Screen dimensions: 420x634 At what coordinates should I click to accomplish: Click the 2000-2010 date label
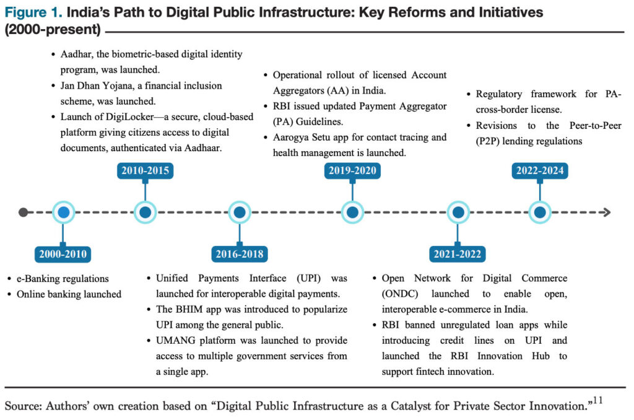tap(63, 254)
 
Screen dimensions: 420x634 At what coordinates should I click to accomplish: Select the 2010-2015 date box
tap(145, 171)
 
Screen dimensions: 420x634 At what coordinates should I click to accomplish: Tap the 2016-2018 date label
tap(240, 254)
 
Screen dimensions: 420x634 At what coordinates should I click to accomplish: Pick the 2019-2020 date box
tap(352, 171)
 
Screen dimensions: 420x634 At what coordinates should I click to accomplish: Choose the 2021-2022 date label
tap(457, 254)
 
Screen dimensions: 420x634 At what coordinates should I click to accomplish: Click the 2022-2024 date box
tap(540, 171)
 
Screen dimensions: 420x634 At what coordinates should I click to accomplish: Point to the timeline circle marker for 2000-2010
tap(63, 212)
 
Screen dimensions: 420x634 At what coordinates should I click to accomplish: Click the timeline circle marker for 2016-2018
tap(240, 212)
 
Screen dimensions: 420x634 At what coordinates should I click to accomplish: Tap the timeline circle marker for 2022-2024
tap(540, 212)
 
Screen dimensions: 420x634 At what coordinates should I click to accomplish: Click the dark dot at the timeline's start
tap(24, 212)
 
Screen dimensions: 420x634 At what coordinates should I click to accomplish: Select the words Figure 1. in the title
tap(33, 12)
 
